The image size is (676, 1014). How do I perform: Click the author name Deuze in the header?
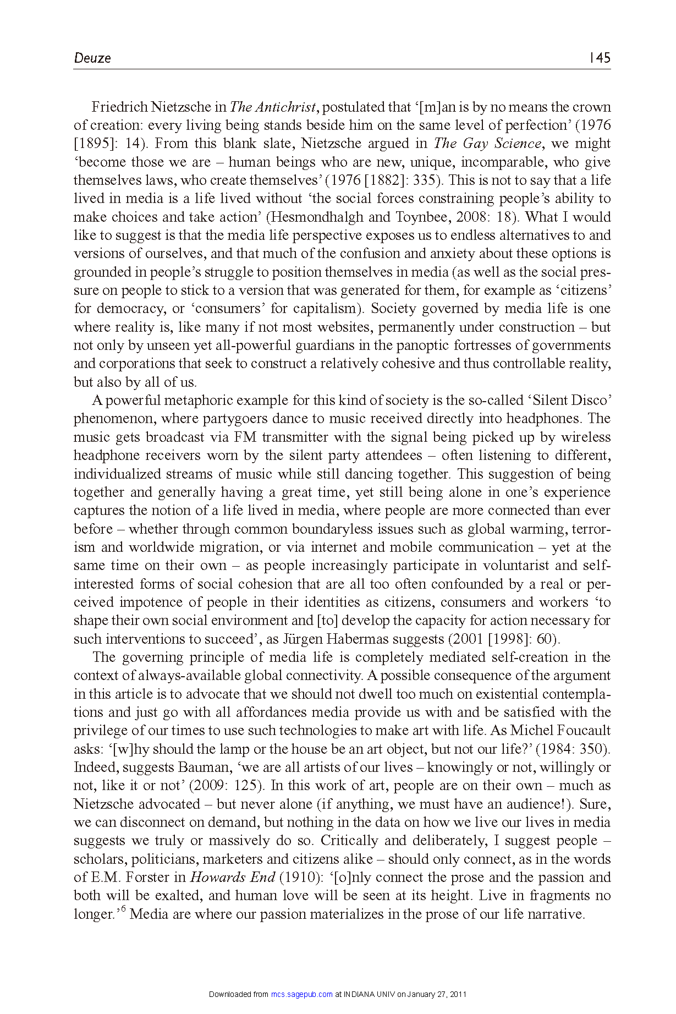click(x=92, y=58)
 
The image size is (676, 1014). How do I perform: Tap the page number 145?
click(x=600, y=58)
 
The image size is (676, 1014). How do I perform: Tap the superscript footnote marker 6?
click(x=123, y=909)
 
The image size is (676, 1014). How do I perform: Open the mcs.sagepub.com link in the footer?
click(x=302, y=994)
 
